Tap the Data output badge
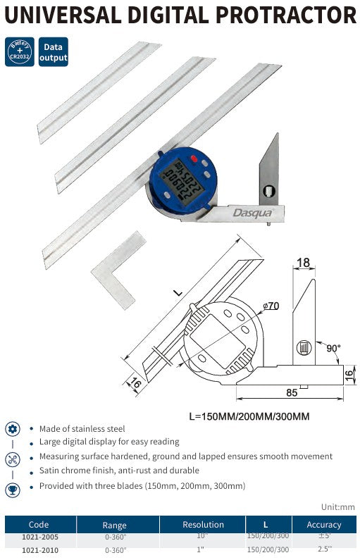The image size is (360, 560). click(x=54, y=52)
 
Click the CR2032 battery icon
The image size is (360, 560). click(x=20, y=52)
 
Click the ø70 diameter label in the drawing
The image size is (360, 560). click(x=272, y=306)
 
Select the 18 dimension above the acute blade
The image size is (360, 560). click(x=303, y=263)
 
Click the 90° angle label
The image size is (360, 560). click(x=333, y=348)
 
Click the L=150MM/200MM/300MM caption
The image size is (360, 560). click(x=249, y=416)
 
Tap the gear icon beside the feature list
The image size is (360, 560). click(x=13, y=430)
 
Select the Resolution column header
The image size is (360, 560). click(x=203, y=525)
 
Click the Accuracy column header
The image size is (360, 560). click(x=324, y=525)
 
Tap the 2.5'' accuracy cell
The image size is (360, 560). click(x=324, y=549)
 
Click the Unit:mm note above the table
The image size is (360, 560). click(x=337, y=506)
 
